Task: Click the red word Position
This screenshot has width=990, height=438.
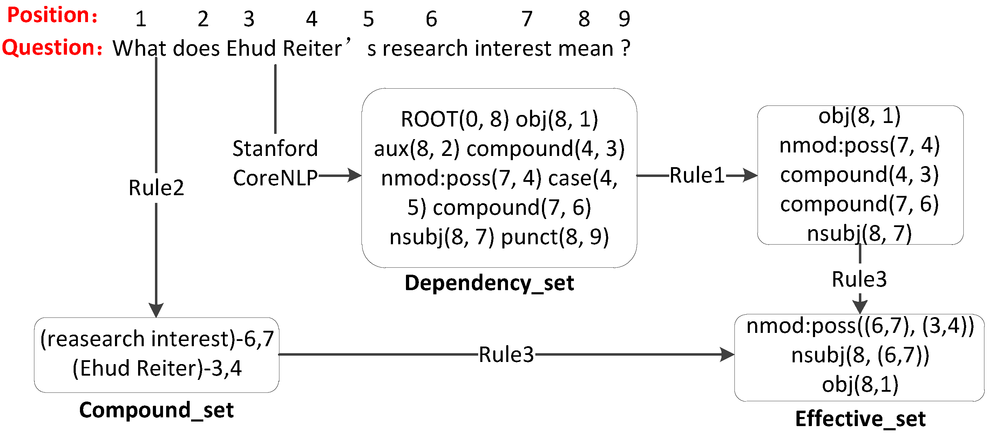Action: point(48,15)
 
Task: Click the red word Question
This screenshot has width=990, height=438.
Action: point(48,48)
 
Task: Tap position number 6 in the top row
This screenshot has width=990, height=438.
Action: point(431,19)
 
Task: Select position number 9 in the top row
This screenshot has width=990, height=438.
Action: point(624,19)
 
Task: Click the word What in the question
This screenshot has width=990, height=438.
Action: point(139,49)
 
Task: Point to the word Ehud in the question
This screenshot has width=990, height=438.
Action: point(251,49)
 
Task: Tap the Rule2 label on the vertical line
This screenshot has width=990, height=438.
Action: point(156,188)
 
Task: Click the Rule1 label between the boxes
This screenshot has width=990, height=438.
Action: point(697,176)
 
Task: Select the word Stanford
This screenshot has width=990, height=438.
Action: point(275,148)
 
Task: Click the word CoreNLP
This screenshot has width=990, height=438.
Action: point(275,178)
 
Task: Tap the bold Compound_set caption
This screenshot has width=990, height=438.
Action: point(156,410)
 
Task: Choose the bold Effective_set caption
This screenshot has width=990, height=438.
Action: point(860,418)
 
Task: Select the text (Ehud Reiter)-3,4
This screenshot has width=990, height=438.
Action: point(157,368)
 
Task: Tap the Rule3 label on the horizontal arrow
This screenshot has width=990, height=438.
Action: point(506,354)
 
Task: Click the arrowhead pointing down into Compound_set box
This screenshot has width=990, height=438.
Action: point(156,310)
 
